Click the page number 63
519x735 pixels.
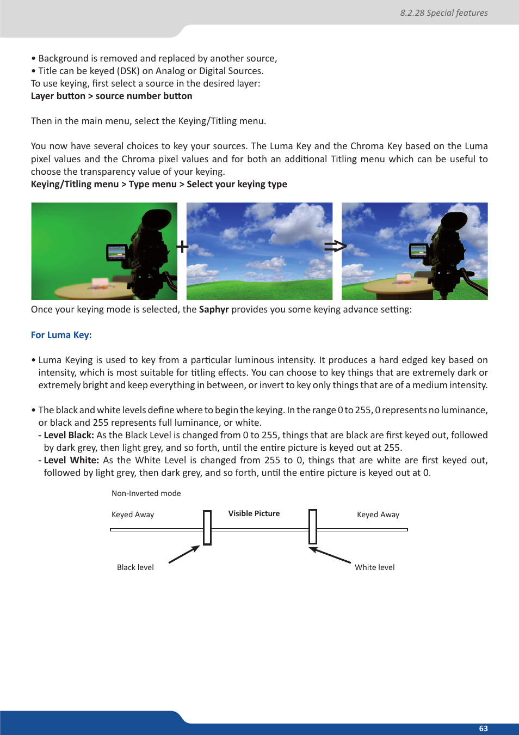point(483,728)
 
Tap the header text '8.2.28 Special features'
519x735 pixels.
point(443,13)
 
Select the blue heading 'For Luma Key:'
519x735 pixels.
point(61,335)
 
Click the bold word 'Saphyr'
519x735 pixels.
point(214,309)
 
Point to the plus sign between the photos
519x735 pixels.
point(182,247)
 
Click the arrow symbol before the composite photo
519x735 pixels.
point(335,247)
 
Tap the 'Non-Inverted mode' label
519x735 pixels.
point(146,493)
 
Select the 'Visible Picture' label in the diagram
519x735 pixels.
point(254,513)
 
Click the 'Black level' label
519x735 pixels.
point(135,567)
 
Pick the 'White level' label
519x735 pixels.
point(374,567)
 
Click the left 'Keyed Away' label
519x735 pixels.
point(133,514)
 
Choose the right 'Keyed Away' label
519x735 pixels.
point(378,514)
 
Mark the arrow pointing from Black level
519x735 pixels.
point(184,555)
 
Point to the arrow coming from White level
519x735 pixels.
point(330,555)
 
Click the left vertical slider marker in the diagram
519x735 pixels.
point(207,528)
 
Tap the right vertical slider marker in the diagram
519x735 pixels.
point(313,526)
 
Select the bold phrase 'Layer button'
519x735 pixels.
point(58,96)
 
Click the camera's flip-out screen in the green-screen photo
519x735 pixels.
point(116,253)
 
